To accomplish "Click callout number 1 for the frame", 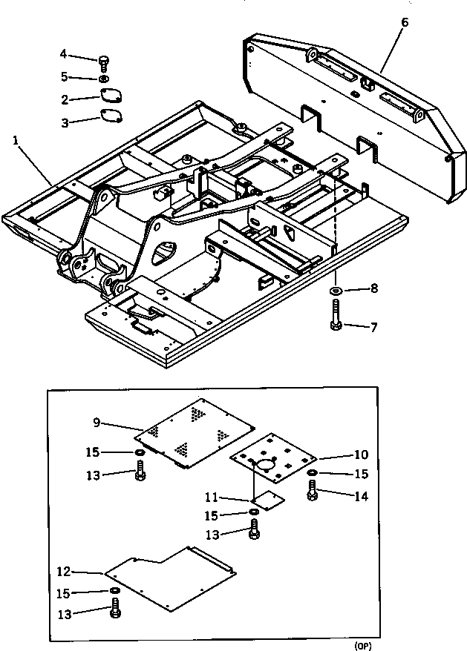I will coord(16,139).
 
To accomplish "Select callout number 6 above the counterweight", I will coord(404,22).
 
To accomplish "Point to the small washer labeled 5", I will coord(103,78).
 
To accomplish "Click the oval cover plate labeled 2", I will coord(111,97).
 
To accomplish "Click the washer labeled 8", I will coord(335,288).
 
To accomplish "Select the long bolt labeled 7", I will coord(335,314).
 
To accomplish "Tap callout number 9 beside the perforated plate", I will coord(97,423).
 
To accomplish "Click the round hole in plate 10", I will coord(264,465).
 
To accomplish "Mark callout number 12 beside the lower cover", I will coord(64,572).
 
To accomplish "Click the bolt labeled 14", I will coord(313,490).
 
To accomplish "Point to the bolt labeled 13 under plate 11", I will coord(255,529).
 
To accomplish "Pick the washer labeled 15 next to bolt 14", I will coord(313,472).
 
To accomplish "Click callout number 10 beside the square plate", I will coord(359,454).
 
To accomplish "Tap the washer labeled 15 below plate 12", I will coord(115,591).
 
